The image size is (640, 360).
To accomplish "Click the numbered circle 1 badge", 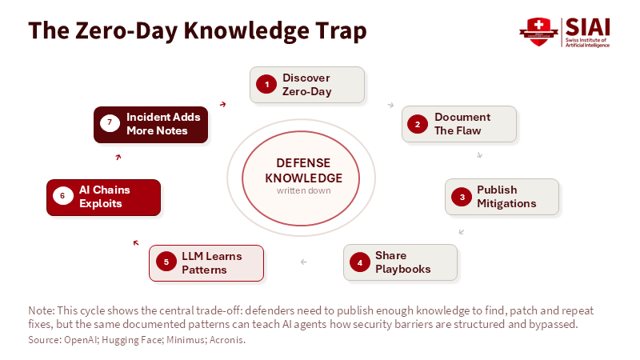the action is tap(266, 85).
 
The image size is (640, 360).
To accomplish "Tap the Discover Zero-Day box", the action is tap(307, 85).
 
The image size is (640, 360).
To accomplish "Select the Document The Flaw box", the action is tap(458, 124).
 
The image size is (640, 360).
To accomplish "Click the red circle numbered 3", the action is tap(462, 197).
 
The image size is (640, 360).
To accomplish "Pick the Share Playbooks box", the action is tap(400, 262).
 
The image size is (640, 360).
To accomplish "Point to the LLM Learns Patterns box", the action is tap(206, 263).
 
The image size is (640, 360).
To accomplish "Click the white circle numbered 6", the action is tap(63, 196).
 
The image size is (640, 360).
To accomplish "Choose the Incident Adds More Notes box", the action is tap(150, 125).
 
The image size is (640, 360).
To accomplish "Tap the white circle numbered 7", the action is tap(110, 122).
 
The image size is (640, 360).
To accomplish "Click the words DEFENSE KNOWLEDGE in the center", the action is tap(303, 170).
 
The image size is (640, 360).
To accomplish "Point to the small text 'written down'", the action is tap(303, 190).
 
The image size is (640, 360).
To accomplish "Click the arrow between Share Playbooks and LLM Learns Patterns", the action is tap(303, 262).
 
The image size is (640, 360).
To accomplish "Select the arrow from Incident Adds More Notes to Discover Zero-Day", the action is tap(223, 105).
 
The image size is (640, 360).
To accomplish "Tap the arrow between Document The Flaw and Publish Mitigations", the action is tap(479, 154).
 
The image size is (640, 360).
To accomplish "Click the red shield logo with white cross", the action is tap(538, 32).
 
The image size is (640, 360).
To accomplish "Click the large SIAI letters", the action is tap(587, 27).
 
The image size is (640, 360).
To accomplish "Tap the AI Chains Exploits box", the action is tap(104, 198).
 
